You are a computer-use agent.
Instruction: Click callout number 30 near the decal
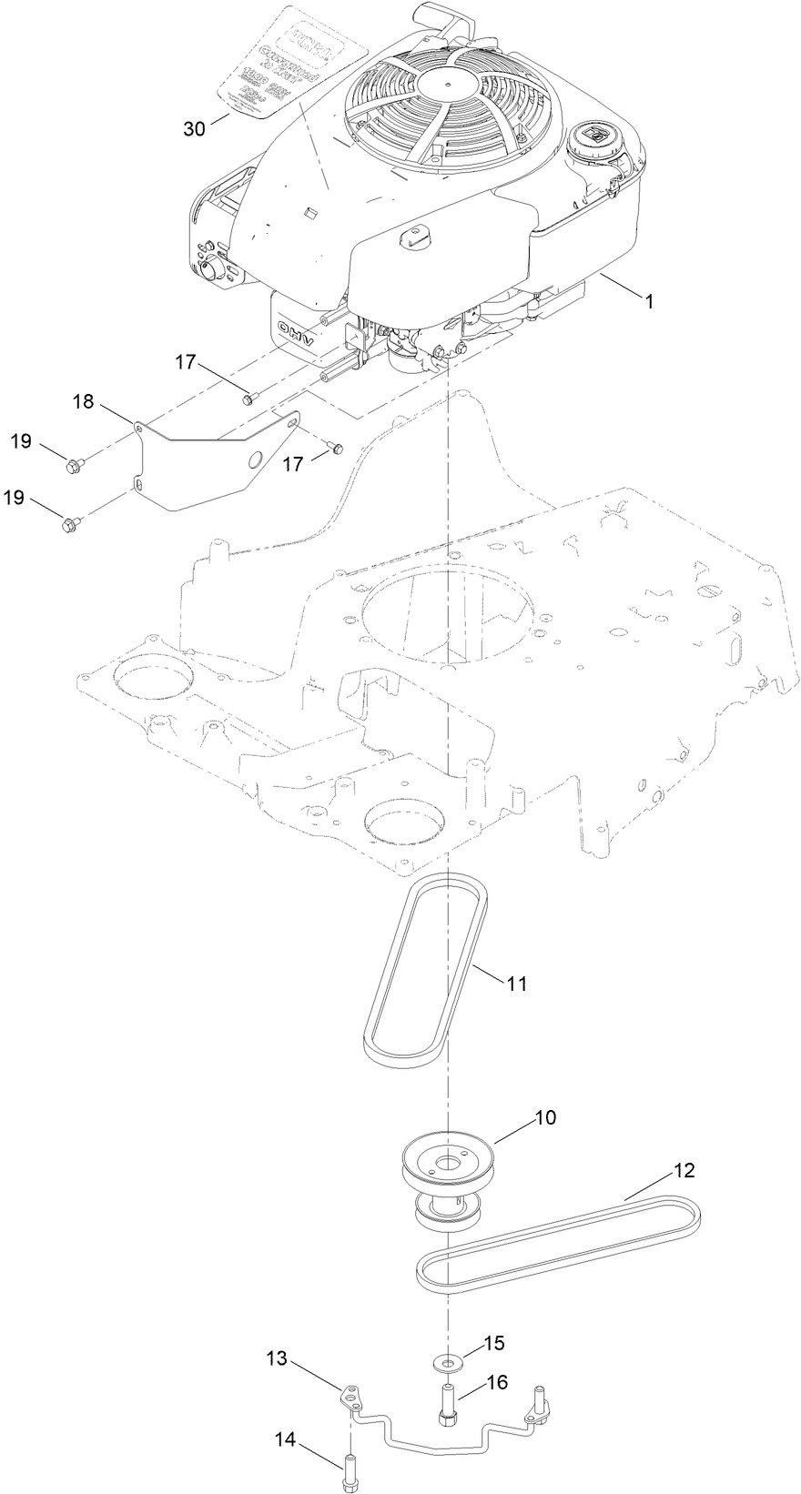coord(195,128)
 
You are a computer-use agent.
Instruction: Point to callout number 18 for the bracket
coord(83,400)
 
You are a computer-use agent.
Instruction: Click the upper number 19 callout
coord(21,441)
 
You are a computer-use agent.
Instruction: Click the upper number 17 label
coord(187,361)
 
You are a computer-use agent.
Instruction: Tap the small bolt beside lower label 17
coord(336,447)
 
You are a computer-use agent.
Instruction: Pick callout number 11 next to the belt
coord(517,984)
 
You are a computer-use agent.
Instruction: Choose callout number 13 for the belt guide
coord(278,1359)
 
